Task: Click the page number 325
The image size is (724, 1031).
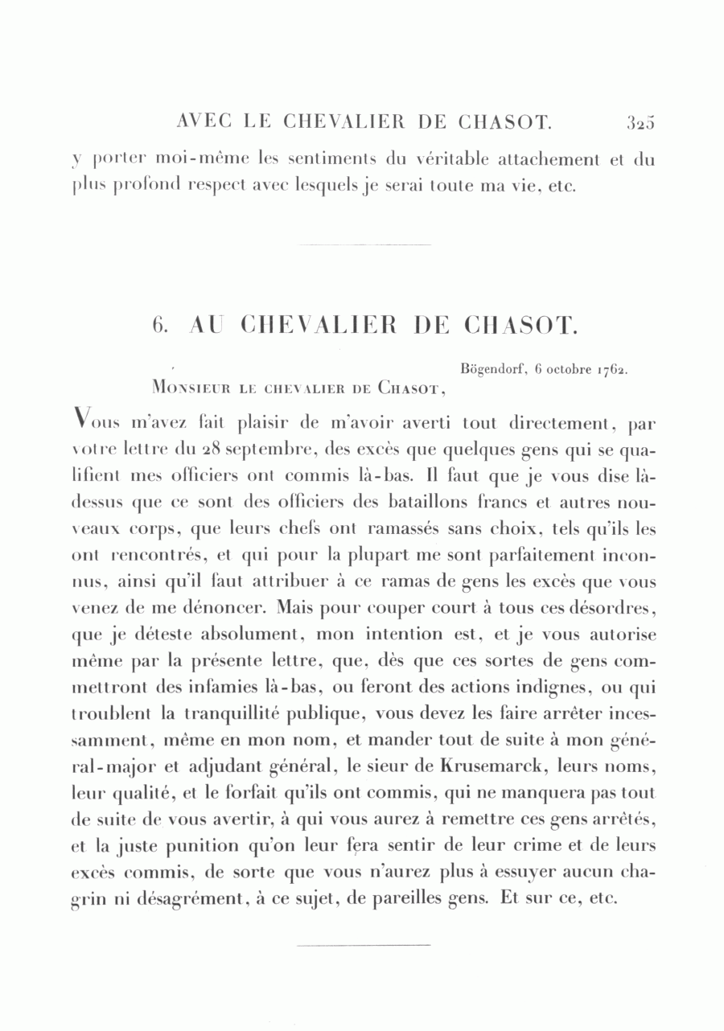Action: click(640, 122)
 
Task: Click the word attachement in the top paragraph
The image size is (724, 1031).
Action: click(548, 159)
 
